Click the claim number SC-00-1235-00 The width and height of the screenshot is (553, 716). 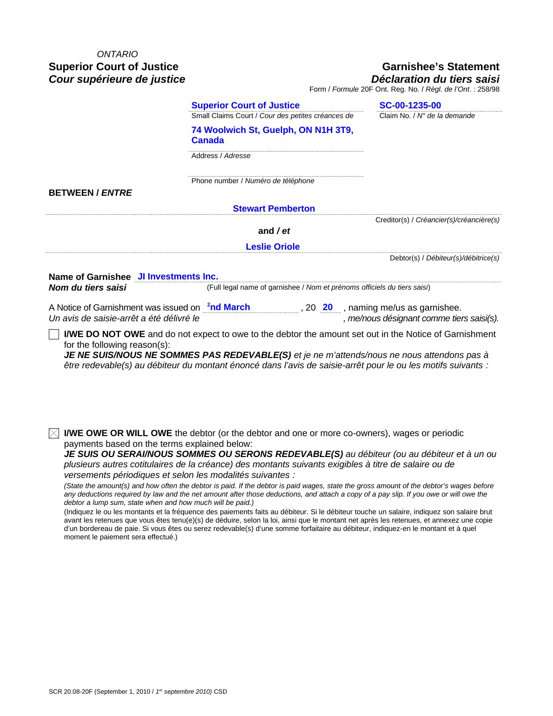tap(410, 106)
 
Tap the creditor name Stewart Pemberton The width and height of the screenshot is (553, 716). tap(274, 209)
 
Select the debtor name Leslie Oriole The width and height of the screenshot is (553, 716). tap(273, 247)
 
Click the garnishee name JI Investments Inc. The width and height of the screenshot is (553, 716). tap(178, 277)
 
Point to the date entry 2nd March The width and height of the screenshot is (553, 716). tap(229, 307)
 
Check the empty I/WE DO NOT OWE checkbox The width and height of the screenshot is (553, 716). tap(54, 334)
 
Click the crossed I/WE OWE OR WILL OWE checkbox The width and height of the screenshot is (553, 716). tap(54, 433)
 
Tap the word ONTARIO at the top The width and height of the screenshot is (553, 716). tap(117, 54)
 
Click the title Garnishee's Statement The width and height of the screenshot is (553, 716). tap(441, 66)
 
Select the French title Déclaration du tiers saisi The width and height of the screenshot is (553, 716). tap(435, 79)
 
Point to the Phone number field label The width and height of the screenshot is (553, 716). tap(253, 181)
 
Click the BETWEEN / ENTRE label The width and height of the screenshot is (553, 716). tap(90, 193)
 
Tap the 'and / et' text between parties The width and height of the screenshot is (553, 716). tap(274, 231)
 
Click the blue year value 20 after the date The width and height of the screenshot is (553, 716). tap(328, 307)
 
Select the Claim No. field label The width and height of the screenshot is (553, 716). tap(427, 116)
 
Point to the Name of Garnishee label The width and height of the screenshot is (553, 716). tap(90, 277)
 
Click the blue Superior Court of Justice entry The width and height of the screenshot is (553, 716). tap(245, 106)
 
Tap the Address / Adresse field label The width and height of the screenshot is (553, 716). tap(221, 156)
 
